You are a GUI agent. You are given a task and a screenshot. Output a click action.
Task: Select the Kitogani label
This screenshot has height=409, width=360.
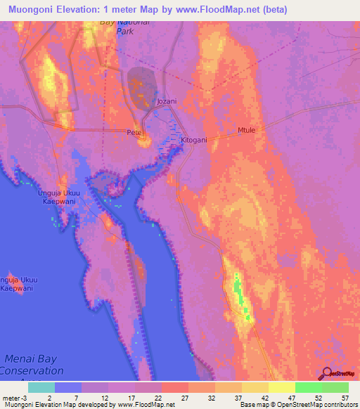pyautogui.click(x=194, y=140)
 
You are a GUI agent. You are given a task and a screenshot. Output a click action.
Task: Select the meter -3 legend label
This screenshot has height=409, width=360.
pyautogui.click(x=15, y=397)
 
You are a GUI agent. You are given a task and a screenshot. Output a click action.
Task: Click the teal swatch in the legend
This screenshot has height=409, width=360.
pyautogui.click(x=41, y=387)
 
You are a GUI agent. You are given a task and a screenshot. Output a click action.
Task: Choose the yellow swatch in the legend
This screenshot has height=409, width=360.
pyautogui.click(x=281, y=387)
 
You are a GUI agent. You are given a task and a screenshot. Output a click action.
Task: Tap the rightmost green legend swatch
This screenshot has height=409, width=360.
pyautogui.click(x=335, y=387)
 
